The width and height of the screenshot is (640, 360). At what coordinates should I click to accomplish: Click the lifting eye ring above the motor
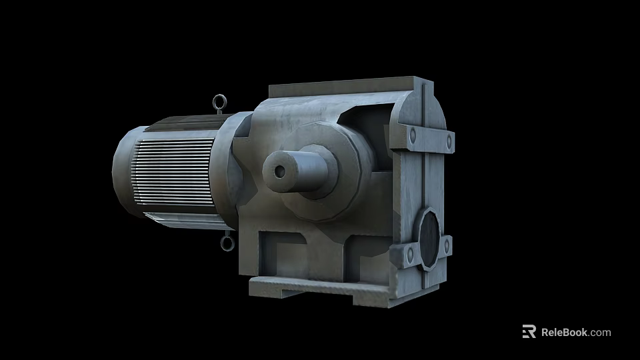click(219, 103)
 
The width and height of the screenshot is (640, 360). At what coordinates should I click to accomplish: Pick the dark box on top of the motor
click(183, 122)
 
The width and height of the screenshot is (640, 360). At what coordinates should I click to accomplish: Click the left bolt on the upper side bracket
click(412, 135)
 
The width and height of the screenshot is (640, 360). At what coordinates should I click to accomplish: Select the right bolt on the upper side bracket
click(449, 141)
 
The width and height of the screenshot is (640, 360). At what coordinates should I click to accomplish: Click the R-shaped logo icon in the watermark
click(529, 331)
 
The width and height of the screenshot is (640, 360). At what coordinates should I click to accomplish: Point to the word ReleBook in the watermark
click(564, 332)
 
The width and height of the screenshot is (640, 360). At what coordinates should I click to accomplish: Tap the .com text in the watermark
click(600, 332)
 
